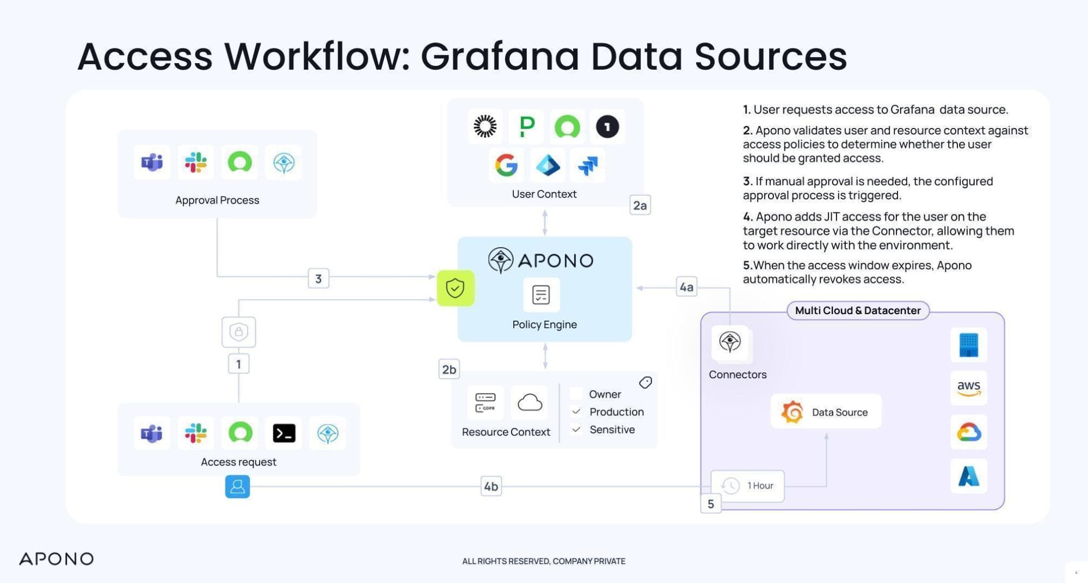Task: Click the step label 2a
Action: click(x=640, y=205)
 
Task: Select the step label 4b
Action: click(x=491, y=486)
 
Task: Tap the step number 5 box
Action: click(x=710, y=504)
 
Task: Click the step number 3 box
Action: click(x=318, y=279)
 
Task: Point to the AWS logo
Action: click(x=968, y=388)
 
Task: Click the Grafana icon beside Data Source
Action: click(x=792, y=412)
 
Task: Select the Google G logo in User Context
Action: click(x=506, y=165)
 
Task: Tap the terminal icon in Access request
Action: click(x=284, y=433)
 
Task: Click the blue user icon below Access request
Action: click(x=237, y=486)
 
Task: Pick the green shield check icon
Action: click(x=455, y=288)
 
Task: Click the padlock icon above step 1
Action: click(x=238, y=332)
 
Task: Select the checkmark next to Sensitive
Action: click(x=576, y=429)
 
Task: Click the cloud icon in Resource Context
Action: click(x=530, y=403)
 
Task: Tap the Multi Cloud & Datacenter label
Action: click(x=858, y=310)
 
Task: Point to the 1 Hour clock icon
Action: click(x=730, y=486)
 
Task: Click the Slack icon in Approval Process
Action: click(x=195, y=162)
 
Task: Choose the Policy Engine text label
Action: click(x=544, y=324)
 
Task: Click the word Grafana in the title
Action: click(x=500, y=56)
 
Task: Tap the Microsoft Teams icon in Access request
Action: click(x=152, y=433)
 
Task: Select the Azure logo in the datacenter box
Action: click(x=968, y=476)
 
